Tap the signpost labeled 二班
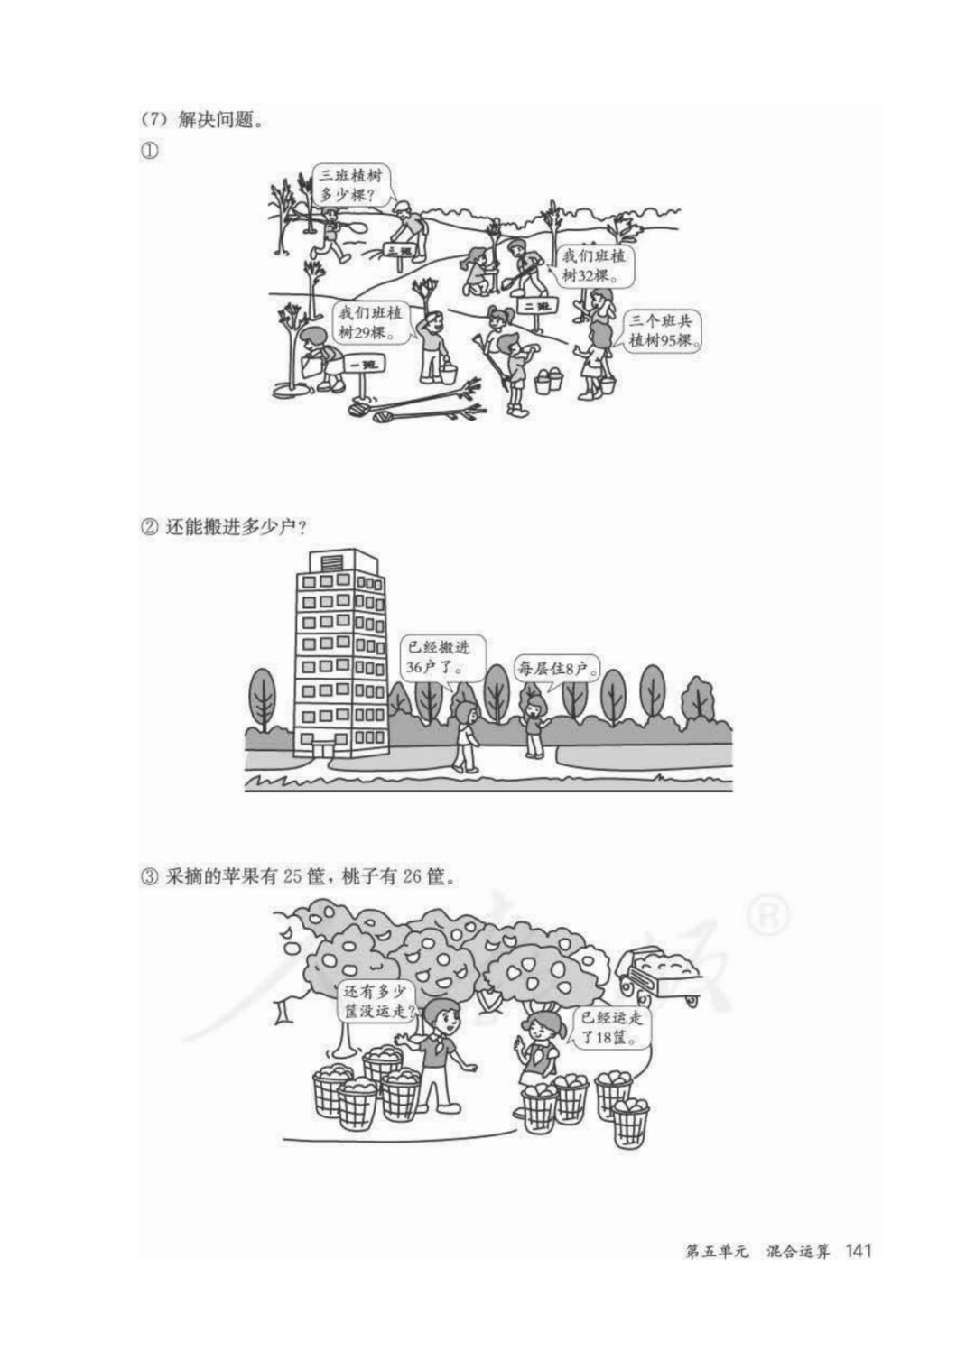537,307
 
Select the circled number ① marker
149,151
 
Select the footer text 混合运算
797,1252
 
